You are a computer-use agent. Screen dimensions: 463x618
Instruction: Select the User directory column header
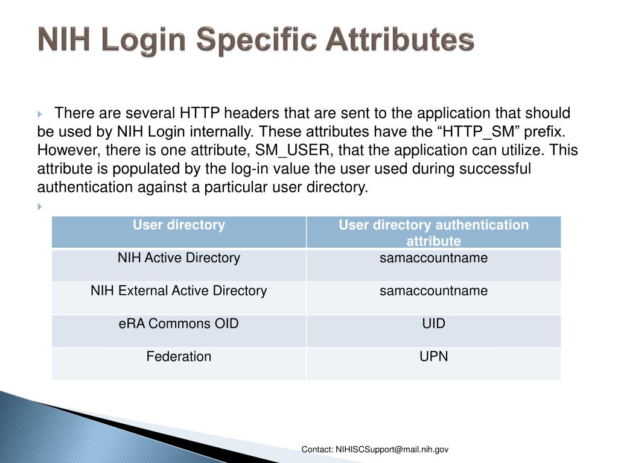coord(179,225)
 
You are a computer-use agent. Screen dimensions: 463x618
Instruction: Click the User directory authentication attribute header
coord(433,233)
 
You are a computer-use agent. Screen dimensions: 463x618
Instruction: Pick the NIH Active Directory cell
coord(179,258)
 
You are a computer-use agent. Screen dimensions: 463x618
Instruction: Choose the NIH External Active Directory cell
coord(179,291)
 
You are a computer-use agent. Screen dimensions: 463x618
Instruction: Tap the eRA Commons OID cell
coord(179,324)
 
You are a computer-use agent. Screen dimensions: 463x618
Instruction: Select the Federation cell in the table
coord(179,356)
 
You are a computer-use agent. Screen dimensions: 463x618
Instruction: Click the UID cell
coord(433,324)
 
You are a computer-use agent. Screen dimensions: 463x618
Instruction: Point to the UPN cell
coord(433,356)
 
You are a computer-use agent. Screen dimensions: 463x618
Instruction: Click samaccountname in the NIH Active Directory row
coord(433,258)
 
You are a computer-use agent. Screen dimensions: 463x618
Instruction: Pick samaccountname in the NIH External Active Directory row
coord(433,291)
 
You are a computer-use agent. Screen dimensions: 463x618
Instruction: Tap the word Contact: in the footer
coord(317,450)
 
